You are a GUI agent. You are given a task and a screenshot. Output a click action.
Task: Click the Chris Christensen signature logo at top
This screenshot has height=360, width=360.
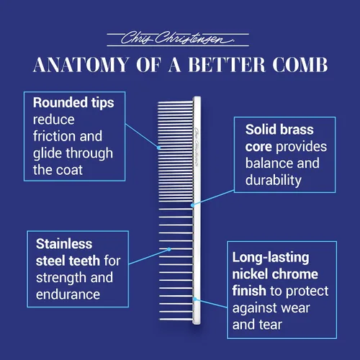point(178,38)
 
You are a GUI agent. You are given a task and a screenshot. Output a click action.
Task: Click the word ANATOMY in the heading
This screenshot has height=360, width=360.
point(81,65)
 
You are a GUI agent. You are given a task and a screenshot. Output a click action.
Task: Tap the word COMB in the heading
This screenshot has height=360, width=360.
point(300,65)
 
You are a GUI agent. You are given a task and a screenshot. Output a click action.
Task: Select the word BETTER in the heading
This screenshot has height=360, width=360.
point(227,65)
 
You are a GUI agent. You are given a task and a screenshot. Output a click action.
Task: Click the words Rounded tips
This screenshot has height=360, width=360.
point(73,103)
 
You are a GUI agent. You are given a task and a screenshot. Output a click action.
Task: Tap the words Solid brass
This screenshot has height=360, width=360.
point(279,130)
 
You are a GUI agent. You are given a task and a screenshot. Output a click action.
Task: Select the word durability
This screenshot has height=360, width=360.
point(274,180)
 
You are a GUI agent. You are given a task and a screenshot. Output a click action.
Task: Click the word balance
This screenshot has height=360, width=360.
point(267,163)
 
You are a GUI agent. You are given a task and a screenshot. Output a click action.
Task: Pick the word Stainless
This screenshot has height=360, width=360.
point(64,244)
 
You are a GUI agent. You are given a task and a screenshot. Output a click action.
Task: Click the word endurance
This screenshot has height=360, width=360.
point(68,294)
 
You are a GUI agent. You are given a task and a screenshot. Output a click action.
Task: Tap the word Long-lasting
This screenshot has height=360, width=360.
point(271,258)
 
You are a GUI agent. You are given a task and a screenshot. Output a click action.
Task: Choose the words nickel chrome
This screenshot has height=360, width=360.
point(275,274)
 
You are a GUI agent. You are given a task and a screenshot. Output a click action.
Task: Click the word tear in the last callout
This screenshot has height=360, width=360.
point(270,325)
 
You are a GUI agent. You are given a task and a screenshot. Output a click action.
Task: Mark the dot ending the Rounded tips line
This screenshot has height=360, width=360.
point(159,148)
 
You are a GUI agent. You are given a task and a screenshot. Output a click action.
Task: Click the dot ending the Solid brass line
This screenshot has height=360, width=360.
point(192,205)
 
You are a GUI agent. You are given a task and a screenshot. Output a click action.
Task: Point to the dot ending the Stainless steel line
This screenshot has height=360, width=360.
point(169,249)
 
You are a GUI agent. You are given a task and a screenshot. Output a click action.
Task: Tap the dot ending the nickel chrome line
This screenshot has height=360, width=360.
point(195,299)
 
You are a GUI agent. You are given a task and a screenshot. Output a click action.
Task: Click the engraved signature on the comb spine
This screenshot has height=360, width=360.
point(197,147)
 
